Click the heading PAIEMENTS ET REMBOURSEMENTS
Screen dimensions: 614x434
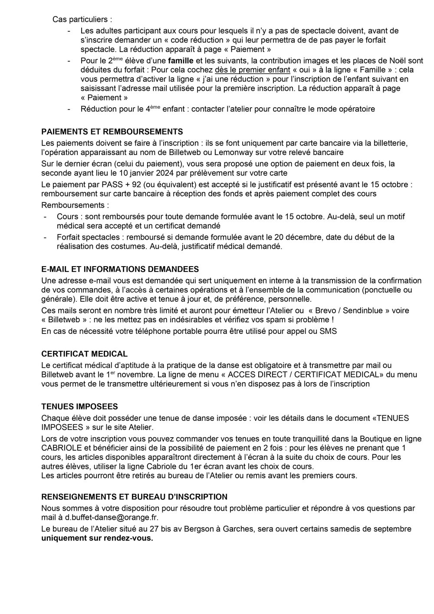point(112,132)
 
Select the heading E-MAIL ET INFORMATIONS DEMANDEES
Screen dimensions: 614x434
point(120,269)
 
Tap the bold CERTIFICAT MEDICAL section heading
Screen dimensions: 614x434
point(84,354)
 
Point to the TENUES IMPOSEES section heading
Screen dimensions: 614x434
point(79,407)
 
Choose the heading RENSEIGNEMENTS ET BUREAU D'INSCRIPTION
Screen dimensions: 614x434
point(134,497)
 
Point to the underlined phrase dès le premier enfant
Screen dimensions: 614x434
point(253,70)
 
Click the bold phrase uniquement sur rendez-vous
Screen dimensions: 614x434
point(97,538)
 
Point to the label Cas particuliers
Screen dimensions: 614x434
point(76,20)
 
